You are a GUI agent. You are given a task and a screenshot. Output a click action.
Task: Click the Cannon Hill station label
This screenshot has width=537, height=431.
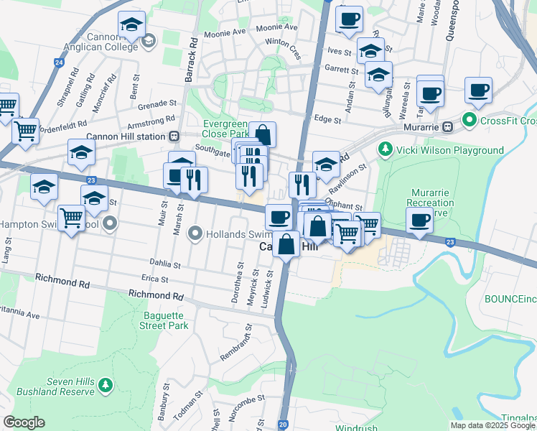(126, 136)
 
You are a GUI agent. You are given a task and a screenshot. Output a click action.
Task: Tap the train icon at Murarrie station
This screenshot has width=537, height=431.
(447, 126)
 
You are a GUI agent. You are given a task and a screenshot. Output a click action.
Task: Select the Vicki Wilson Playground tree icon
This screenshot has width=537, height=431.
(385, 150)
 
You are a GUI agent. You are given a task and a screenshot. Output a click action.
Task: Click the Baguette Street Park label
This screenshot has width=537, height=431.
(163, 320)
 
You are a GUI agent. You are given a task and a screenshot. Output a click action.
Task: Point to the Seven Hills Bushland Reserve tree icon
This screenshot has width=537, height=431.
(106, 386)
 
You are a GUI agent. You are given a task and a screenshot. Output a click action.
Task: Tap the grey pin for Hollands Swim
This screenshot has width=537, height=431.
(194, 233)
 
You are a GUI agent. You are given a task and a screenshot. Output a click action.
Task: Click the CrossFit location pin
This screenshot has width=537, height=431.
(470, 120)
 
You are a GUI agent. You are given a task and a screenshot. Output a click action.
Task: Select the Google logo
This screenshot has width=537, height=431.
(24, 422)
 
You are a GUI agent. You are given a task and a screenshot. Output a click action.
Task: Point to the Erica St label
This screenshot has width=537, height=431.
(154, 279)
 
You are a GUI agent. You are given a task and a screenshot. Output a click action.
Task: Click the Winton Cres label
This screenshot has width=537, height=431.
(283, 42)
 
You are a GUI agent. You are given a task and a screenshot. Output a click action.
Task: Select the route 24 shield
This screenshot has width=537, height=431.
(58, 62)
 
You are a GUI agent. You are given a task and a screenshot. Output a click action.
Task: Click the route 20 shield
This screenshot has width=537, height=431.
(283, 425)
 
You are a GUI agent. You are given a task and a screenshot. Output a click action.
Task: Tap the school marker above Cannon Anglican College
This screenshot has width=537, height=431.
(131, 26)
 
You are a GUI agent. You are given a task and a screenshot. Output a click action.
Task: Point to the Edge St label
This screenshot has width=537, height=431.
(327, 120)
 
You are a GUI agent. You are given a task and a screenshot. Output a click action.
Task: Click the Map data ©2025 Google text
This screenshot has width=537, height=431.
(492, 425)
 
